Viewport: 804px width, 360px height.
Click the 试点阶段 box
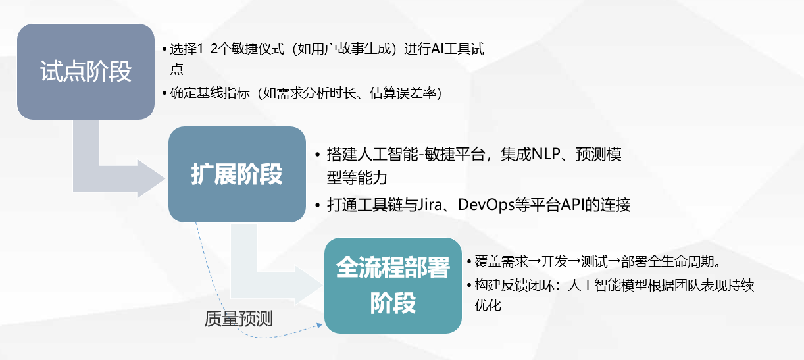click(x=86, y=71)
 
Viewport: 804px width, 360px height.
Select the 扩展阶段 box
click(x=237, y=174)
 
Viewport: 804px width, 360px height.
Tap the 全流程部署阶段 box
click(x=393, y=284)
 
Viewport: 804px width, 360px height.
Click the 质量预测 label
click(x=238, y=319)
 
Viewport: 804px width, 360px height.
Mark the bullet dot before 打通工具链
click(x=318, y=205)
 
